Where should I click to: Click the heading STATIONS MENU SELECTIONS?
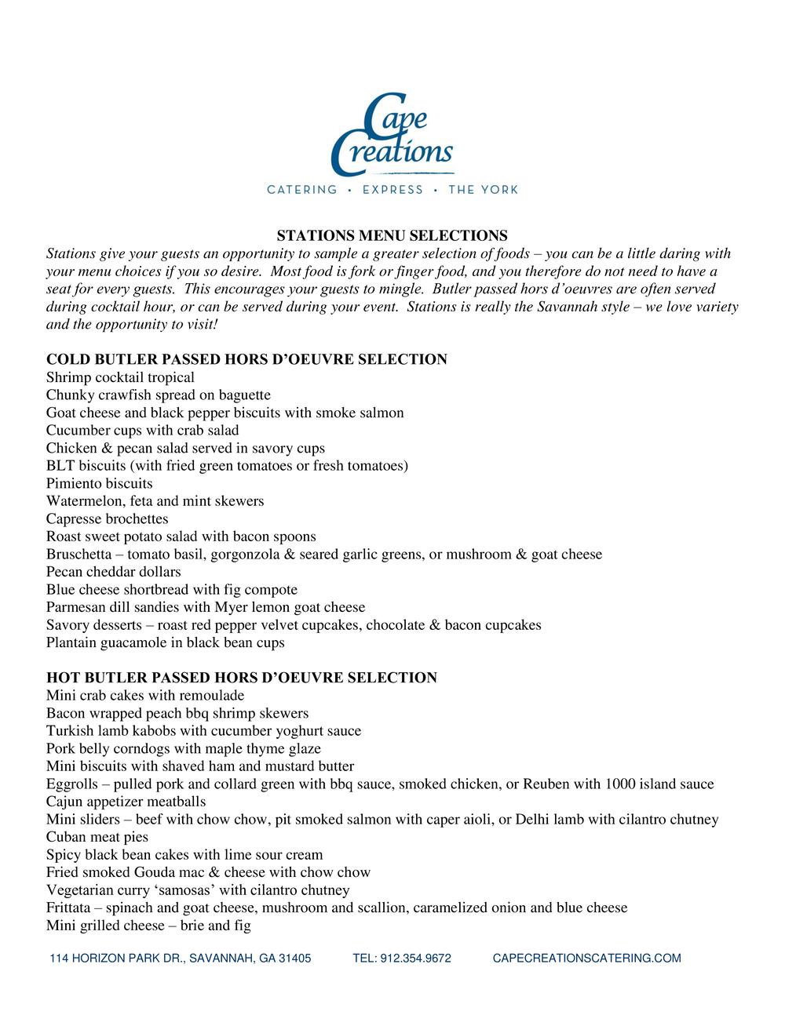[392, 235]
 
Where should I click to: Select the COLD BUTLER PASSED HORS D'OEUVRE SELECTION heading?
[246, 360]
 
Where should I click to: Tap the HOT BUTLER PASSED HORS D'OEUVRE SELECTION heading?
[242, 678]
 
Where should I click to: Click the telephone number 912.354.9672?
[402, 959]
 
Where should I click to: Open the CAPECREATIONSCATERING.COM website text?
[586, 959]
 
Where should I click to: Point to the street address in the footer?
[181, 959]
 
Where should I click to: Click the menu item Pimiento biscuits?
[99, 484]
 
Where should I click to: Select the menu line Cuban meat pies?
[97, 837]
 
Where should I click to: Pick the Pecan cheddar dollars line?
[113, 572]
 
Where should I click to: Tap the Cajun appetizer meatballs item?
[126, 802]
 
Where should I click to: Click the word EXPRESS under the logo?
[392, 190]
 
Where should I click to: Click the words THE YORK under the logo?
[483, 190]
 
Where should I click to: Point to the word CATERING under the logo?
[302, 190]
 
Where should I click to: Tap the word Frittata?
[69, 908]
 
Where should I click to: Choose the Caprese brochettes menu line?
[107, 519]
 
